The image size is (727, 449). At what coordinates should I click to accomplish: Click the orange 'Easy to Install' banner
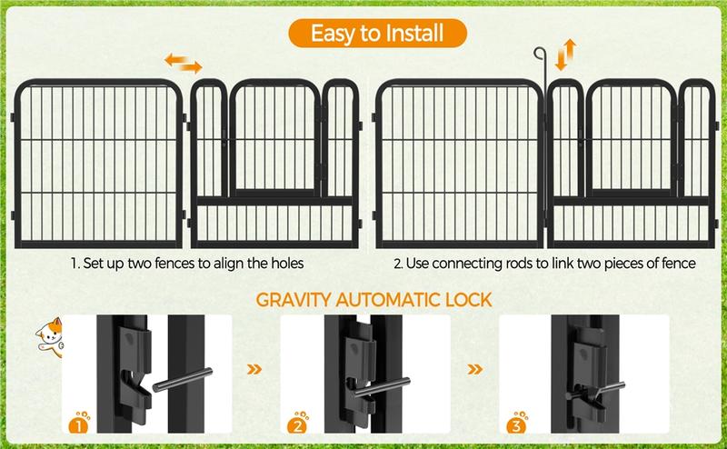378,35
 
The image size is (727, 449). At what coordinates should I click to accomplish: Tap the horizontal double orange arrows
184,63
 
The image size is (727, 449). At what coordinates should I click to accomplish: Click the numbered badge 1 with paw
80,423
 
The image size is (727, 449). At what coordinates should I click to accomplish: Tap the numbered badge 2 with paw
298,423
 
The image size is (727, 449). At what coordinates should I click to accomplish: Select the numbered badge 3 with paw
516,423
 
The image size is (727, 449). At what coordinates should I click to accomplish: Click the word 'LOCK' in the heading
464,299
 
